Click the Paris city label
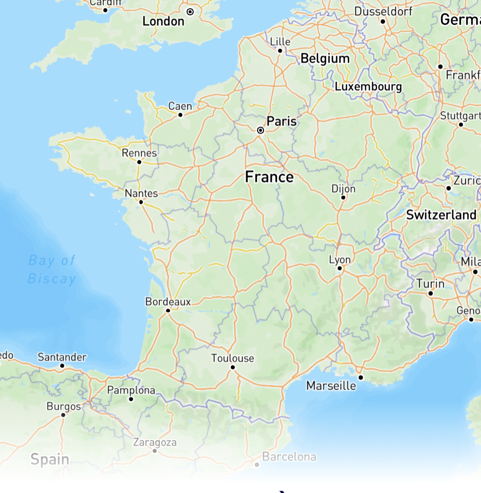[x=282, y=121]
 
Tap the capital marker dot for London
[x=190, y=11]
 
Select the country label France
[x=269, y=177]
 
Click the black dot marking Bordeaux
[x=168, y=311]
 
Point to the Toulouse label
[x=232, y=358]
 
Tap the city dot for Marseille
[x=361, y=377]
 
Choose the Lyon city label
[x=340, y=260]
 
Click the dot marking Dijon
[x=343, y=197]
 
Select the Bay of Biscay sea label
[x=52, y=270]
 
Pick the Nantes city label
[x=141, y=194]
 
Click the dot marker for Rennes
[x=139, y=162]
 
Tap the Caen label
[x=180, y=106]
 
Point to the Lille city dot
[x=280, y=50]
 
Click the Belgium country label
[x=325, y=59]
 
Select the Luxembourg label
[x=368, y=86]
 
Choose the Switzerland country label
[x=441, y=215]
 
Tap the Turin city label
[x=431, y=283]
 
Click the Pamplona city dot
[x=131, y=399]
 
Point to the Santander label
[x=62, y=357]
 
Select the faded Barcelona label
[x=289, y=457]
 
